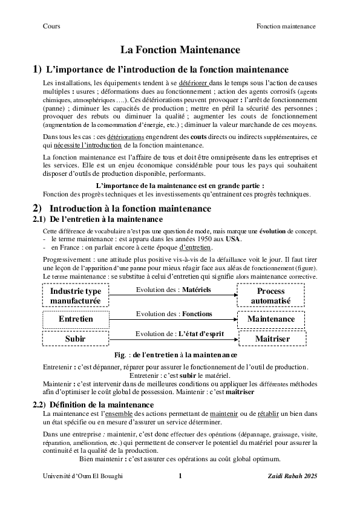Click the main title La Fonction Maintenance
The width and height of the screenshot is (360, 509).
point(180,50)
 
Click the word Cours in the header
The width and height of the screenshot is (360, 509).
point(51,26)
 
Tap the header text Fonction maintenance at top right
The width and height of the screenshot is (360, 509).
point(286,26)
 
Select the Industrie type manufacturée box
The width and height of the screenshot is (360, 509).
point(76,296)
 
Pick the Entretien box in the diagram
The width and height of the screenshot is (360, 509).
point(76,319)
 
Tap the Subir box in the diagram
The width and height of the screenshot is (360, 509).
point(76,339)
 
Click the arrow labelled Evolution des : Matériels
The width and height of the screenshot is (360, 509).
point(173,295)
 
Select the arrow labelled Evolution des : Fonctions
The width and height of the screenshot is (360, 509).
point(173,319)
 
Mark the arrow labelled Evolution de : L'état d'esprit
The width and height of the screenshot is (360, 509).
point(173,339)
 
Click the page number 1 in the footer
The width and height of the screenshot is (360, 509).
point(180,476)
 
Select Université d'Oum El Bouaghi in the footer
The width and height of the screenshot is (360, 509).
point(83,476)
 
